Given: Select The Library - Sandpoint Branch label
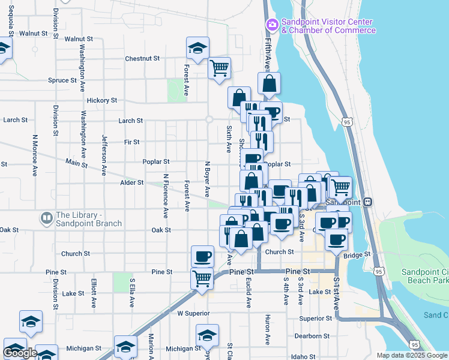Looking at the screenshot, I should [x=89, y=219].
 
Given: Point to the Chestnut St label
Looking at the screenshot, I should [x=142, y=59].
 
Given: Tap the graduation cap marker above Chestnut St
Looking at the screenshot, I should [x=197, y=48].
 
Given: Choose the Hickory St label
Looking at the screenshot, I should [x=101, y=100].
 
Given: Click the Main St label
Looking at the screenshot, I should [x=76, y=163].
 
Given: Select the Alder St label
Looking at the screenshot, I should [x=132, y=182].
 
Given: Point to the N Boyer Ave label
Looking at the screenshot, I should [x=208, y=179].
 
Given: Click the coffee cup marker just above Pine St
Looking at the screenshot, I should [x=202, y=256].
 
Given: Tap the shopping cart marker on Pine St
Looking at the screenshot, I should [x=202, y=278].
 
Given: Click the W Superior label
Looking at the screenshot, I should [x=193, y=313].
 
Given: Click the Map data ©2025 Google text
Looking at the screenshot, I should [x=412, y=355].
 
